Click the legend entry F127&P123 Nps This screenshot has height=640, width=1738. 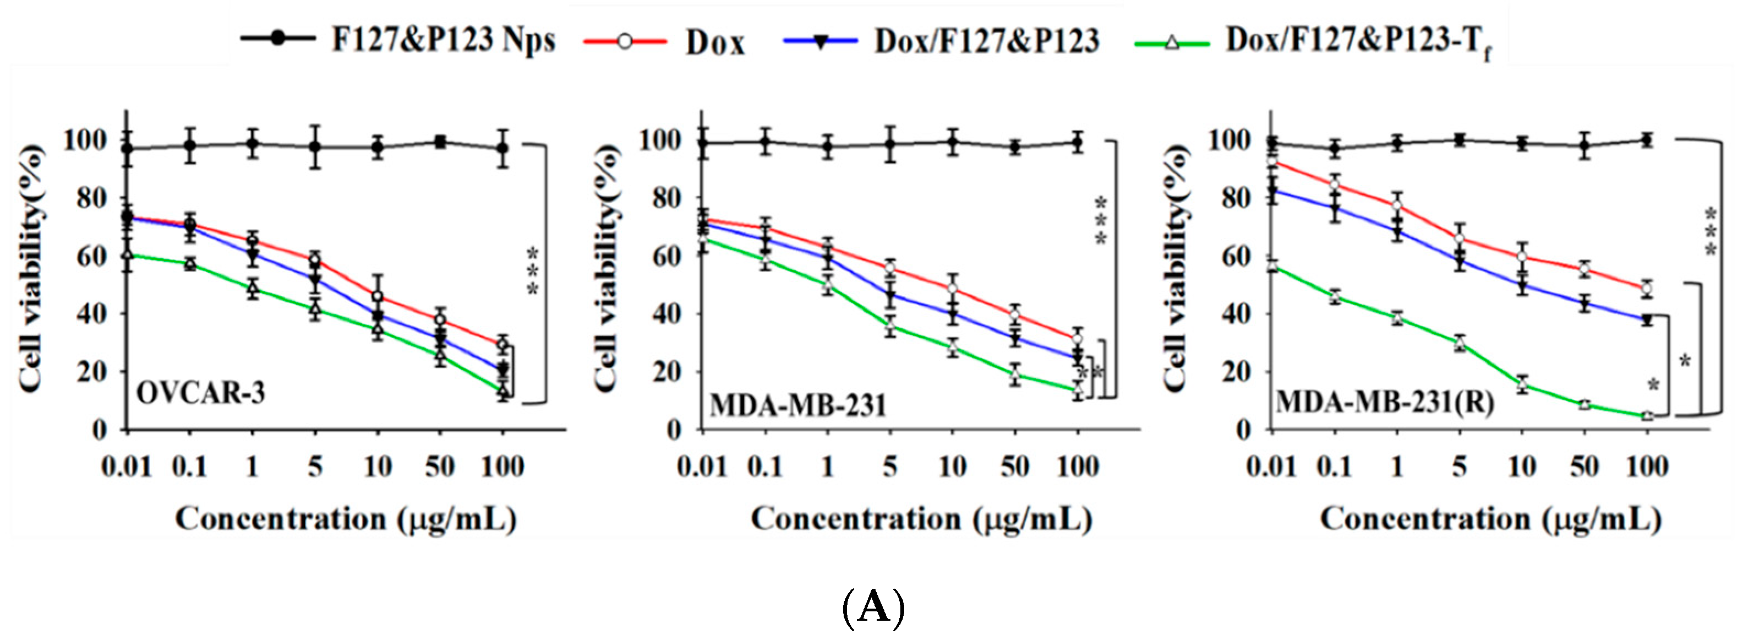coord(398,41)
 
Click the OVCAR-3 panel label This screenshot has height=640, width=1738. coord(201,392)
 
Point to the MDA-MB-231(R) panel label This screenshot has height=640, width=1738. coord(1385,403)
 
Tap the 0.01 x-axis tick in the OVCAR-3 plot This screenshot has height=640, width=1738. coord(126,467)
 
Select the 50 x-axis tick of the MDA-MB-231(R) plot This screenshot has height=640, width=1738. coord(1584,467)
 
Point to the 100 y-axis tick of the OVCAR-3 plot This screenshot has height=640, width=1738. coord(84,140)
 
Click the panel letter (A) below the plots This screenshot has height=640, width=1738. coord(873,607)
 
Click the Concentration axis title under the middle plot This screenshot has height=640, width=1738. coord(922,519)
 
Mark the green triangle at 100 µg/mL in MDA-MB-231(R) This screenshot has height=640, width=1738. coord(1647,415)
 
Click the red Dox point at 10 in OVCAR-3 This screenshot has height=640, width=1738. coord(378,296)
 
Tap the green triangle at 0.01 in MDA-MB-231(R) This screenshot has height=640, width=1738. coord(1272,267)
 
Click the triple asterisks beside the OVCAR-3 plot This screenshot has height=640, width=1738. coord(533,272)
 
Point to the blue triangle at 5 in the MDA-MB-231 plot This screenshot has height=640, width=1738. coord(890,294)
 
